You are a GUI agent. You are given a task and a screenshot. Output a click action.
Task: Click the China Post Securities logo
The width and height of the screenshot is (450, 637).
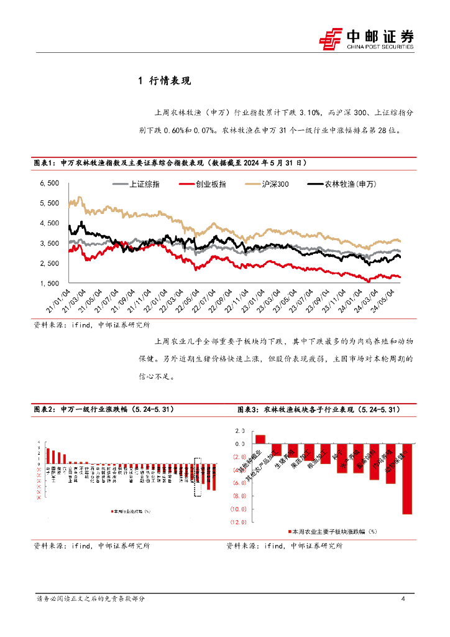[x=367, y=38]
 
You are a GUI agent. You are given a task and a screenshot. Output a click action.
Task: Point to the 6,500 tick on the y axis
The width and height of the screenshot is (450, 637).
[x=49, y=183]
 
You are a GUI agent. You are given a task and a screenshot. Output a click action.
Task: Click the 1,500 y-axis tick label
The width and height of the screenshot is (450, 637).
[x=49, y=284]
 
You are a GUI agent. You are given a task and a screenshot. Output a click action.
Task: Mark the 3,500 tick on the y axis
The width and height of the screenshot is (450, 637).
[x=49, y=243]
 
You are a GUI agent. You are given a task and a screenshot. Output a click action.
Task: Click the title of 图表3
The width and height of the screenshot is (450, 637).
[x=319, y=410]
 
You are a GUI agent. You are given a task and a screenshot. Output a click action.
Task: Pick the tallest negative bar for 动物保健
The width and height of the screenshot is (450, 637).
[x=407, y=478]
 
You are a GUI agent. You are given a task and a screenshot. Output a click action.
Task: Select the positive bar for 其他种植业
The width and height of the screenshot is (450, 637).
[x=260, y=439]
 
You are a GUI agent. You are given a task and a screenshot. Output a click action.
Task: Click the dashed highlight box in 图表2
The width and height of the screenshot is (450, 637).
[x=198, y=478]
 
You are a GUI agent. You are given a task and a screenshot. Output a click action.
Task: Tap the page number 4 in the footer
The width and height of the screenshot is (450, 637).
[x=404, y=599]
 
